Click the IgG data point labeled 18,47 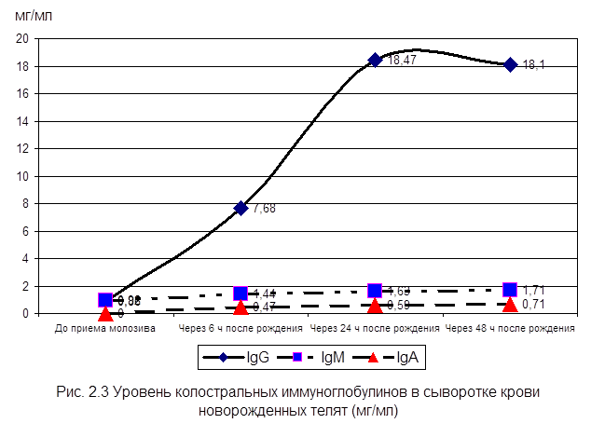click(x=376, y=60)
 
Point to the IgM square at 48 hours click(x=510, y=290)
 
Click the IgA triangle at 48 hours click(x=510, y=304)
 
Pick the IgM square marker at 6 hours click(x=241, y=294)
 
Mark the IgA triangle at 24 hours click(x=376, y=305)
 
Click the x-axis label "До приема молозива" click(x=105, y=329)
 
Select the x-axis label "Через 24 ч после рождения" click(x=375, y=329)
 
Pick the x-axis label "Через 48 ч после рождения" click(x=510, y=329)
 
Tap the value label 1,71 click(x=534, y=291)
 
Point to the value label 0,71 click(x=534, y=305)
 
